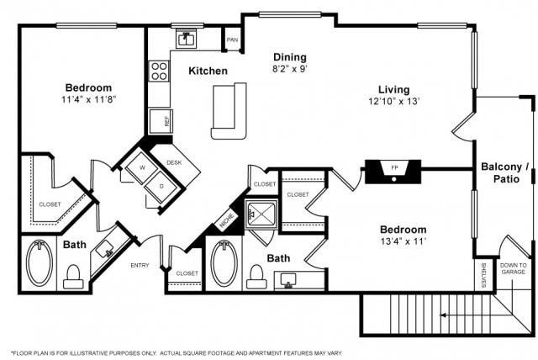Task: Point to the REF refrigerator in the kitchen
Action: [x=161, y=121]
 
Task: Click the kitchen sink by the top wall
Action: [x=185, y=39]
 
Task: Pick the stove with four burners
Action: [x=160, y=71]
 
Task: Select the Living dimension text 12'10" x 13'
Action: [x=393, y=102]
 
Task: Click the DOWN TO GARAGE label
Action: [x=513, y=267]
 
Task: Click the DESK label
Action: [x=174, y=162]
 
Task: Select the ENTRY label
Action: [x=140, y=266]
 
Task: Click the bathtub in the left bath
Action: [x=38, y=263]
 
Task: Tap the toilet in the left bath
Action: [x=73, y=275]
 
